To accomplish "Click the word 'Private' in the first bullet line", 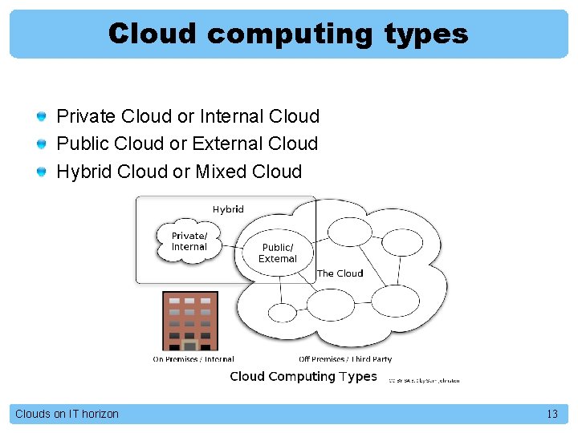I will click(x=86, y=117).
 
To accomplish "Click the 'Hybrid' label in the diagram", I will click(x=228, y=209).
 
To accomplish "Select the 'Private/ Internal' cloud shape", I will click(x=189, y=241).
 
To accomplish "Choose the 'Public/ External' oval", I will click(x=278, y=253).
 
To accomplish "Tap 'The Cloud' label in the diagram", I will click(x=340, y=273).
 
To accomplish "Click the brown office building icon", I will click(x=190, y=320).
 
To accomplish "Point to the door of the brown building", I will click(x=190, y=345).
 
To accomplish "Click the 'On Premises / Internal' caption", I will click(x=193, y=359).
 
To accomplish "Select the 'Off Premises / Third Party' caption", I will click(x=345, y=359).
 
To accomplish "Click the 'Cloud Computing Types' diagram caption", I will click(x=303, y=376).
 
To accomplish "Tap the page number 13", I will click(x=552, y=414).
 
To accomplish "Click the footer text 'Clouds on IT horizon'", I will click(x=67, y=414).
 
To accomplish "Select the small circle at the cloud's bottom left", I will click(x=283, y=312).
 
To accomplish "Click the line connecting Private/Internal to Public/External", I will click(x=233, y=245).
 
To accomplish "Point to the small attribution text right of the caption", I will click(x=424, y=380).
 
